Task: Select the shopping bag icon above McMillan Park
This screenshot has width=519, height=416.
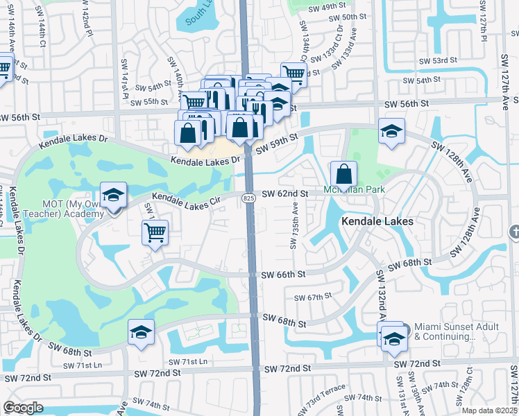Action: tap(343, 173)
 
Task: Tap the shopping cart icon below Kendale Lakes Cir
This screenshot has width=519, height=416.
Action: tap(155, 232)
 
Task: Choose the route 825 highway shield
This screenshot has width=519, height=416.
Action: tap(248, 199)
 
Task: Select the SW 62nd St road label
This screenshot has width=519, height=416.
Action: tap(284, 194)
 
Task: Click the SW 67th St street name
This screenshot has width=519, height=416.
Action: tap(314, 297)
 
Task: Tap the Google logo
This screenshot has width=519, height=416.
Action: tap(23, 408)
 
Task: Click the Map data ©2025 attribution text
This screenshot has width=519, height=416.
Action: tap(489, 410)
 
